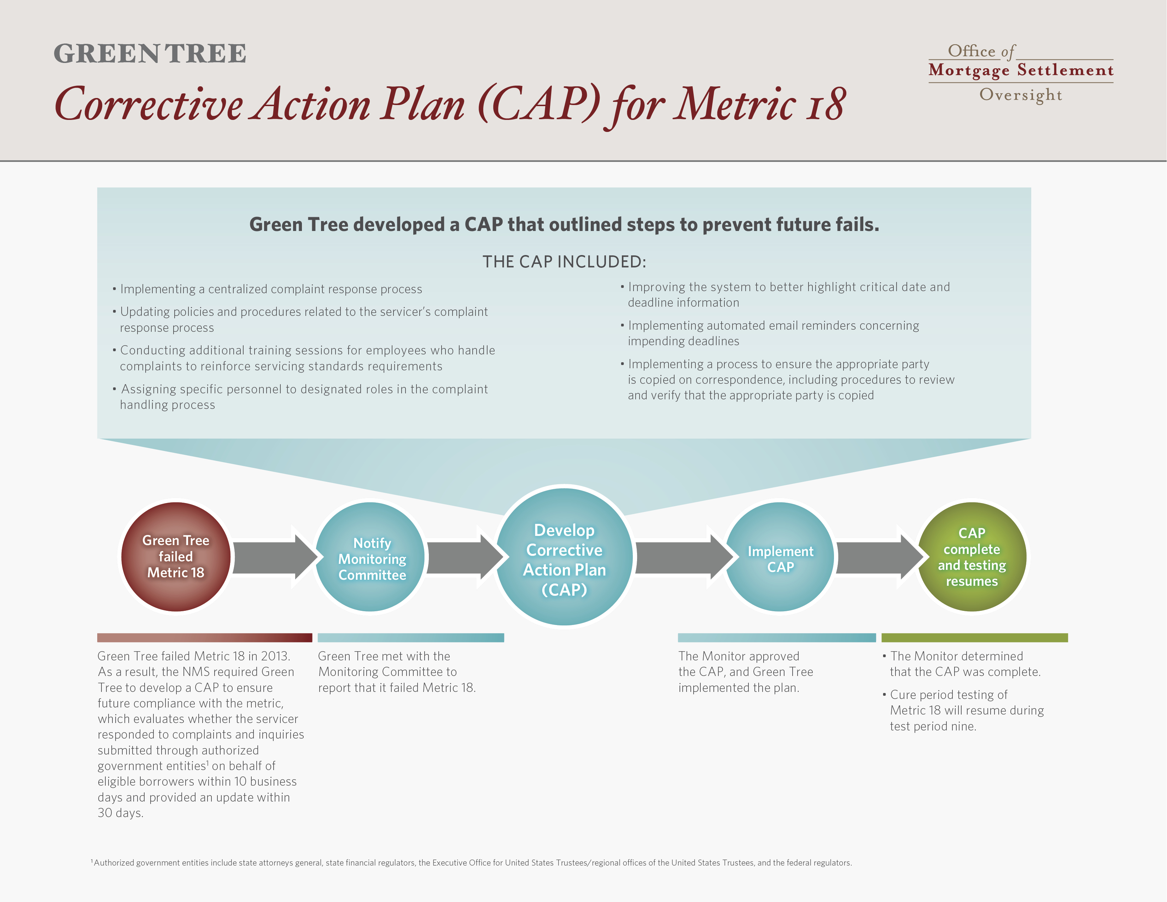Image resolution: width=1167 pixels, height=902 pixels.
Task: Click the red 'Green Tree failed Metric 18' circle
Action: click(x=176, y=557)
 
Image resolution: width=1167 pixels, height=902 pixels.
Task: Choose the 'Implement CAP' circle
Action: click(x=780, y=557)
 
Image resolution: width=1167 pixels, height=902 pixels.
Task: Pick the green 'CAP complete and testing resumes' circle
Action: click(x=972, y=557)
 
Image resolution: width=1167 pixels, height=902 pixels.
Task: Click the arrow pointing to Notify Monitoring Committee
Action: click(x=275, y=557)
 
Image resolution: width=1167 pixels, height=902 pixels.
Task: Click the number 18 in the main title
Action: click(x=826, y=104)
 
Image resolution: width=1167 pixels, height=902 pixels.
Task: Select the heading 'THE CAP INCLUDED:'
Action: click(x=564, y=261)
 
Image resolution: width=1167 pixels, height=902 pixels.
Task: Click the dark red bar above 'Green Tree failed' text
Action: click(x=205, y=637)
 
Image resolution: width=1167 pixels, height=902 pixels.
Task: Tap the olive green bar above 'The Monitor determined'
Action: click(x=975, y=637)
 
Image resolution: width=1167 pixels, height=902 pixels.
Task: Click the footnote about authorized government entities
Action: click(x=471, y=862)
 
